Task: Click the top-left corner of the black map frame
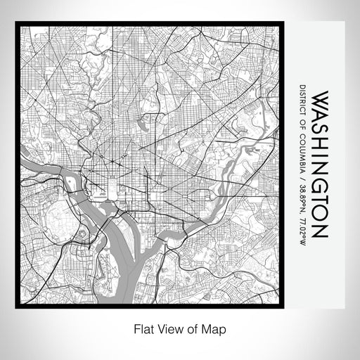16,23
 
